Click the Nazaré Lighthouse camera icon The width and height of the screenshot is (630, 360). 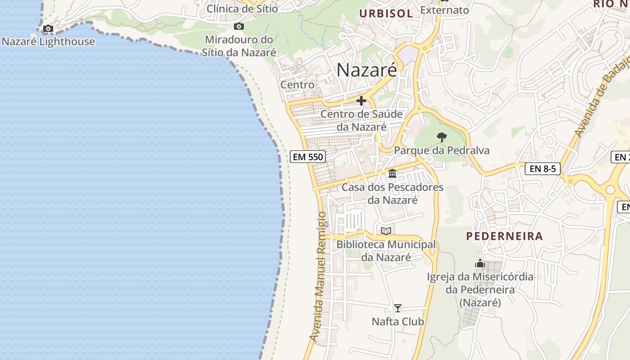[x=48, y=29]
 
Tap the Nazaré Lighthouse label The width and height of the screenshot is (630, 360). [x=48, y=42]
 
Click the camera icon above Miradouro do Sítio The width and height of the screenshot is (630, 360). [x=239, y=27]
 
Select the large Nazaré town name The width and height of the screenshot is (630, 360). [x=367, y=70]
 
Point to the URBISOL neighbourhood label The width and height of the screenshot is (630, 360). [x=386, y=13]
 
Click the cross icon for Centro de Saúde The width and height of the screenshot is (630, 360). [x=361, y=101]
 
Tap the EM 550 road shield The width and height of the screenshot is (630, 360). [x=308, y=157]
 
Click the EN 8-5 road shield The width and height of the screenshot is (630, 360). [x=542, y=169]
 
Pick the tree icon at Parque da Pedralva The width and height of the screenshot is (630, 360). [x=441, y=137]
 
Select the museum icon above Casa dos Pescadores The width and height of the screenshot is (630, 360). [x=392, y=173]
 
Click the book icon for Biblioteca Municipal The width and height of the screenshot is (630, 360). [x=386, y=231]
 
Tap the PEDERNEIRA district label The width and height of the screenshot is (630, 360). [x=504, y=236]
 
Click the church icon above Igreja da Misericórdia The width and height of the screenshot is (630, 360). [x=480, y=263]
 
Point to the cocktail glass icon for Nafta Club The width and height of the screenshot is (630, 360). [x=398, y=308]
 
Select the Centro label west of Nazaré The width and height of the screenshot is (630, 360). [x=297, y=84]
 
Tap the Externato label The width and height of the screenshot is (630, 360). [x=445, y=10]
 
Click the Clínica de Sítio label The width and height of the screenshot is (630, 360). [x=242, y=8]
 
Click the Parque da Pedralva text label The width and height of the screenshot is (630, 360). [x=441, y=150]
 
